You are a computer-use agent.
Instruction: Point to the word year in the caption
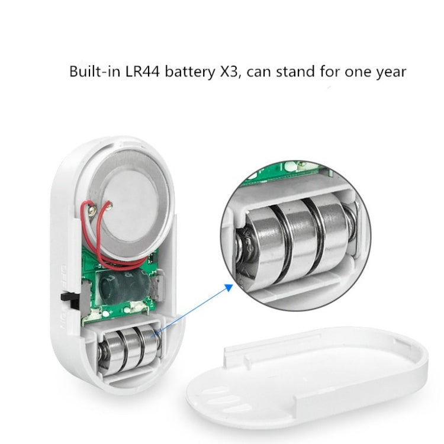tap(387, 73)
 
